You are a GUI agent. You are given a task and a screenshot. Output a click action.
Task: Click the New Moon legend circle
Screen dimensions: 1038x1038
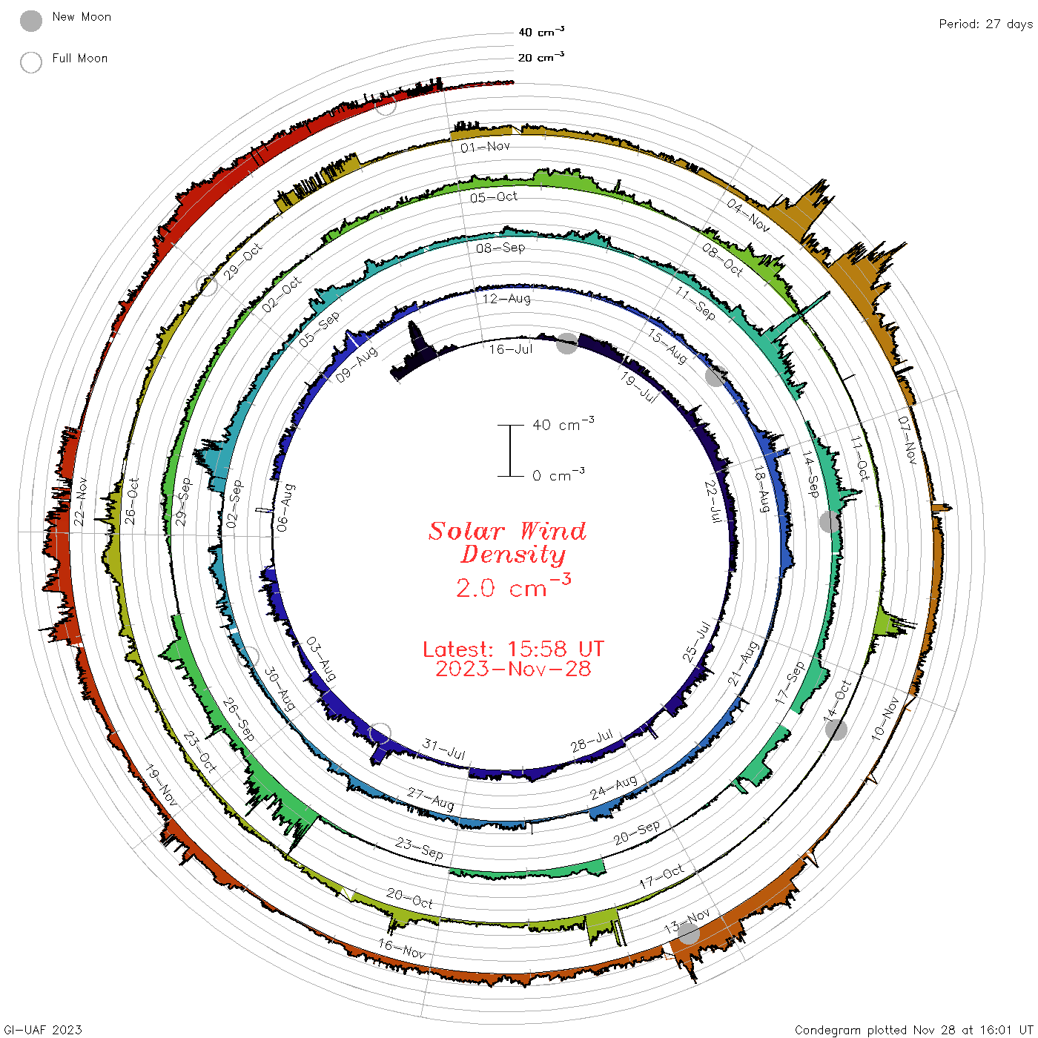click(x=30, y=21)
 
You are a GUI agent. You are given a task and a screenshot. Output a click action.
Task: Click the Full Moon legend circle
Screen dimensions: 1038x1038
click(x=30, y=62)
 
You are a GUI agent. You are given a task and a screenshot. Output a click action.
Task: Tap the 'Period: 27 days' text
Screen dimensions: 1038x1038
click(x=985, y=24)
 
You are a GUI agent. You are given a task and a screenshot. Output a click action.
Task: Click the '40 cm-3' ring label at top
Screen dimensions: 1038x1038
click(x=541, y=32)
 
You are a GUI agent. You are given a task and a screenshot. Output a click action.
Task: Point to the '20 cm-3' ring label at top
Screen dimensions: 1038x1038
click(x=541, y=57)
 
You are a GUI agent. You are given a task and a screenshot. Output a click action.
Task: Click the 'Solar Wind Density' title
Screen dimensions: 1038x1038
click(x=508, y=543)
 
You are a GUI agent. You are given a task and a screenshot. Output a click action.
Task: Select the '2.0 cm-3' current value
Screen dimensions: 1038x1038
click(x=513, y=586)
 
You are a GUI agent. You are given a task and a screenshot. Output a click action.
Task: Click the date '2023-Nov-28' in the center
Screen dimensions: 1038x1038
click(x=513, y=669)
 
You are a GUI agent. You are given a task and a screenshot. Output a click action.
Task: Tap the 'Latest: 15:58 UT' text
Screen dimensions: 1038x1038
click(x=513, y=649)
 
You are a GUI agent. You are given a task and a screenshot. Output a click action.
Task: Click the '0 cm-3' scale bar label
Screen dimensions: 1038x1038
click(x=558, y=475)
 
